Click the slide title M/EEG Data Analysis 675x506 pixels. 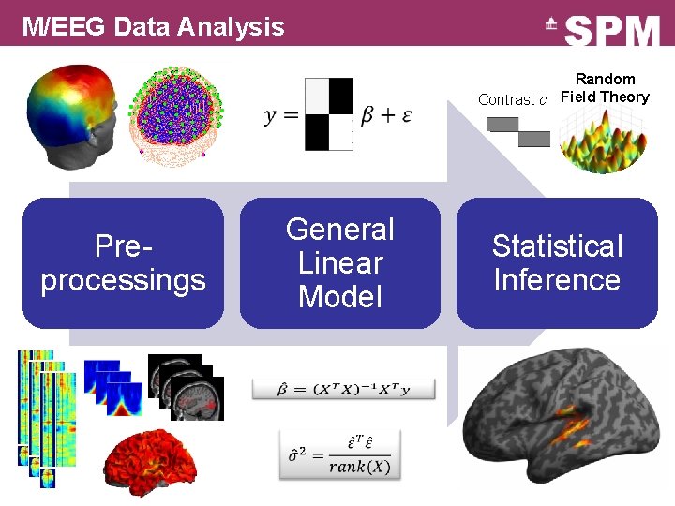click(153, 26)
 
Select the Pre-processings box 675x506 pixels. click(123, 263)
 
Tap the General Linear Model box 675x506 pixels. click(339, 263)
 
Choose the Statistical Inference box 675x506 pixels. click(557, 263)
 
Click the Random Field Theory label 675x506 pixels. click(605, 88)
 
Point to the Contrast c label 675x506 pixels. click(512, 99)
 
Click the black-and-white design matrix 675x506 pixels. click(329, 114)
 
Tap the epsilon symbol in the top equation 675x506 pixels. click(405, 116)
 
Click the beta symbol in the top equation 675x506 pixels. click(368, 116)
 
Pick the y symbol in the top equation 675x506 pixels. click(271, 116)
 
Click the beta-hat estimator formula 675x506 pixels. click(343, 387)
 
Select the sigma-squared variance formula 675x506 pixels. click(339, 453)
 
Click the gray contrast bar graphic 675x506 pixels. click(518, 131)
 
